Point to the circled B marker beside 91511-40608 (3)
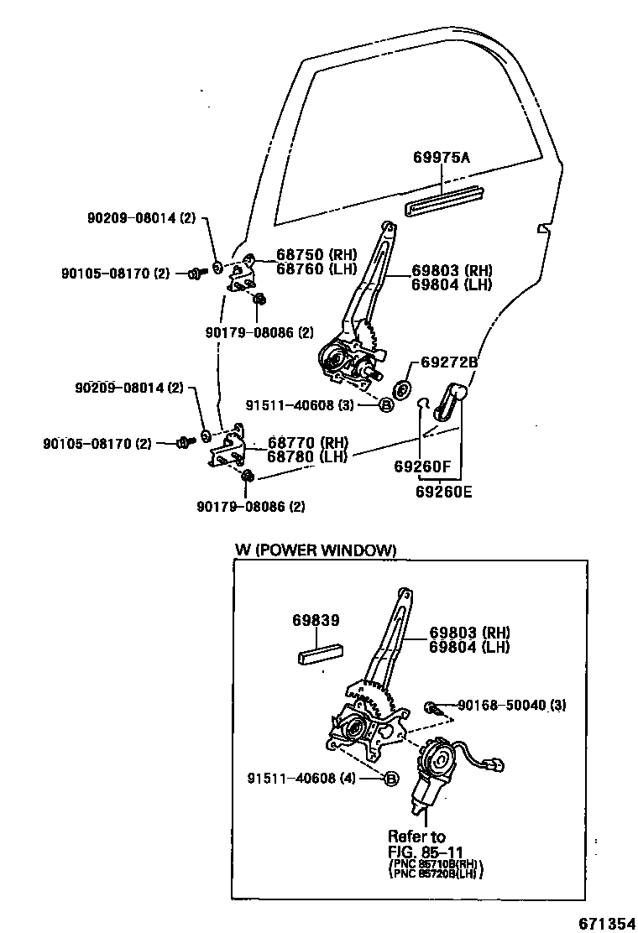(x=386, y=405)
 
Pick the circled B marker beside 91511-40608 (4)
(x=390, y=779)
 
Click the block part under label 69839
(x=318, y=654)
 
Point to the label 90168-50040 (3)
(x=511, y=706)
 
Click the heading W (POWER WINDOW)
(x=315, y=550)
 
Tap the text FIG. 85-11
(x=426, y=851)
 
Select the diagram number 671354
(x=606, y=923)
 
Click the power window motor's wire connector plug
(x=497, y=764)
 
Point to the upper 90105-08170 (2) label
(x=115, y=273)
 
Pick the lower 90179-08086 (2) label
(x=250, y=506)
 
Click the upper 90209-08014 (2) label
(x=140, y=218)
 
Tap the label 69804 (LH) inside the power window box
(x=470, y=647)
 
